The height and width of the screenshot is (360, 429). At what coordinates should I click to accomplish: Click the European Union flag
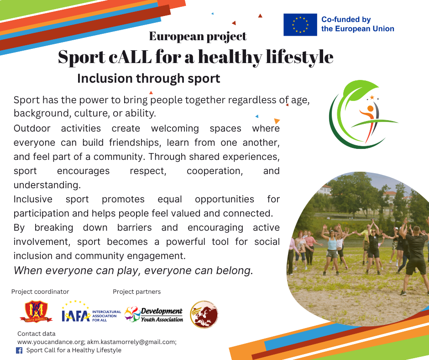300,25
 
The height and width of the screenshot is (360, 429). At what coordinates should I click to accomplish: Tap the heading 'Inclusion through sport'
149,79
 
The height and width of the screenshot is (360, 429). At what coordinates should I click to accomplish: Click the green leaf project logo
363,115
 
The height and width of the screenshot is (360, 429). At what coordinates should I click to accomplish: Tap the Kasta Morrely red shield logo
36,312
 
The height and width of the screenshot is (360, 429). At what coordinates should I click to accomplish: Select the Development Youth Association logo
153,314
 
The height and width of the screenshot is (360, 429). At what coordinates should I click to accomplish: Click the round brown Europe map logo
204,314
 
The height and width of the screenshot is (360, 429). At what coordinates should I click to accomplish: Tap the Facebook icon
19,350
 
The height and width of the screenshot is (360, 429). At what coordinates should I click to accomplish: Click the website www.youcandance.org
51,342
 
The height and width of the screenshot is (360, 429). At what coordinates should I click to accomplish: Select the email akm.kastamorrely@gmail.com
131,342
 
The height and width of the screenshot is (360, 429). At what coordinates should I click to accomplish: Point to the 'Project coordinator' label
40,291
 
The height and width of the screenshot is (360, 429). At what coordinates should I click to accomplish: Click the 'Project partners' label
136,291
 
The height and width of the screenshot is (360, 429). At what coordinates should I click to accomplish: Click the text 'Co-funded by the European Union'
358,24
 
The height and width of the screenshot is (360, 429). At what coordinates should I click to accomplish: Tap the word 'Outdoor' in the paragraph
32,128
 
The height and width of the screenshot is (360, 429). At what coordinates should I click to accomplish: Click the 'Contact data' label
37,334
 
